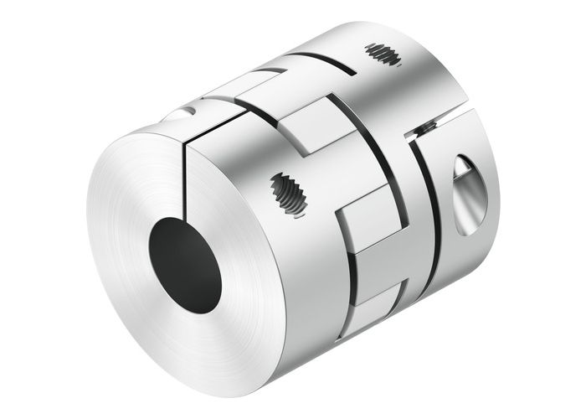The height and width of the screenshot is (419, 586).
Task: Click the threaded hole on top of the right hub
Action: click(x=383, y=56)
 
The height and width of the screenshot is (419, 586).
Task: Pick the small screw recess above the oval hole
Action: click(x=428, y=127)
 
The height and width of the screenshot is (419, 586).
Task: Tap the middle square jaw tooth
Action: click(x=369, y=227)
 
